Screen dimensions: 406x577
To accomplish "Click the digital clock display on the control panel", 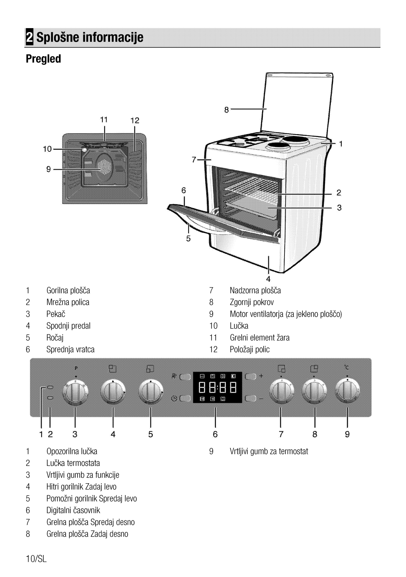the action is point(217,387).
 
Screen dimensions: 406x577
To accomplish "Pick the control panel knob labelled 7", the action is point(281,391).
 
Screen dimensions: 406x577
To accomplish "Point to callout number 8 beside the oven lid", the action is point(226,110).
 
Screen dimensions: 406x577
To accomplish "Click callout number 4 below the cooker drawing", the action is point(268,279).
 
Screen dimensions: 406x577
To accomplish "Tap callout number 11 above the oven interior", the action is point(104,120).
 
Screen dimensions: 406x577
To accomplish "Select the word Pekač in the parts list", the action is point(56,314).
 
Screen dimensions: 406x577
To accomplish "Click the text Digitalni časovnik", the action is point(73,510).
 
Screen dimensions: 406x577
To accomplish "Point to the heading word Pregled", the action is point(43,59).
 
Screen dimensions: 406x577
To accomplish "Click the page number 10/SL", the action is point(36,559).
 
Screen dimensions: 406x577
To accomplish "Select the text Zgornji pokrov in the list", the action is point(252,303).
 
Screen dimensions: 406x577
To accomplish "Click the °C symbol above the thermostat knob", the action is point(347,367).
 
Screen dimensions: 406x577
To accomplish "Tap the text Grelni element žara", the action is point(260,338).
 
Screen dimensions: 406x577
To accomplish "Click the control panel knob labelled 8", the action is point(314,391).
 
